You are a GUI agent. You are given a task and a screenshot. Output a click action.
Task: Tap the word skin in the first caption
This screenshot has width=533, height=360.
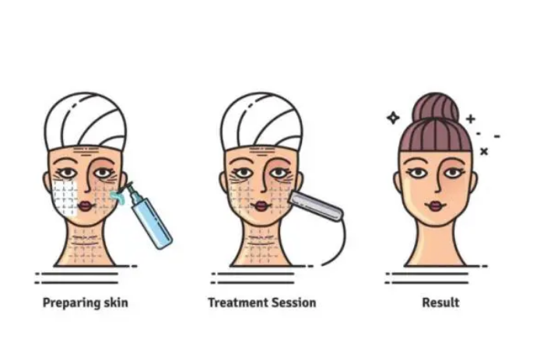point(116,302)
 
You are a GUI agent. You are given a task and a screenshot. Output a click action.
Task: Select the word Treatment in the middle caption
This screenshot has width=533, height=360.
point(233,302)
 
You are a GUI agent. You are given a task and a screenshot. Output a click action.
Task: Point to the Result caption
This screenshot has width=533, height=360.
point(440,302)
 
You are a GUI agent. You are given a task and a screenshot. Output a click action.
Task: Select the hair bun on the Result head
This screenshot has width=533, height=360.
point(436,107)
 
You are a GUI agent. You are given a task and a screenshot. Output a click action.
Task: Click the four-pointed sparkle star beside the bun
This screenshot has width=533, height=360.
point(393,118)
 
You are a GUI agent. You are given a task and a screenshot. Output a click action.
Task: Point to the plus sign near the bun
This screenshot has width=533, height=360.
point(471,119)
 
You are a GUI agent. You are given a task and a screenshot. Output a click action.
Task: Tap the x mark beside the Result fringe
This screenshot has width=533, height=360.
point(484,151)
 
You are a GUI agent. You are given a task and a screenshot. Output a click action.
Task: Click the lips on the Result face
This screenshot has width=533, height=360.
point(436,205)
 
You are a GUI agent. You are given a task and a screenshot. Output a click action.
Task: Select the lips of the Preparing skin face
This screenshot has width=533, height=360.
point(86,206)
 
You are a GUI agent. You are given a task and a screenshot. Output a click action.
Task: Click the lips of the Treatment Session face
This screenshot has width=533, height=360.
point(261,206)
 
